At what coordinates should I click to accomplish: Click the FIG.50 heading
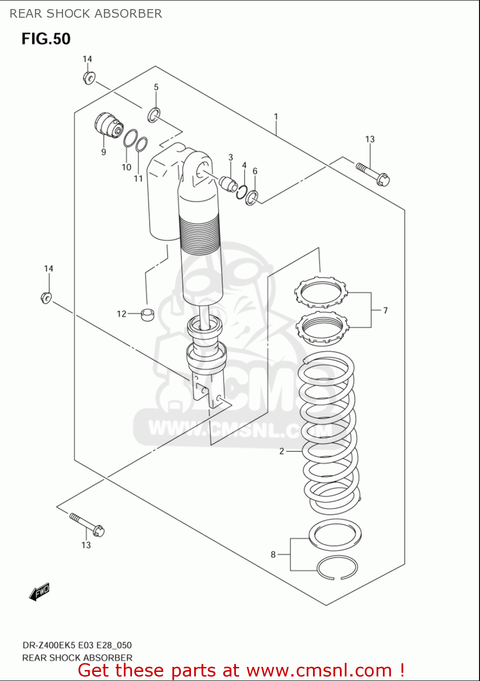pos(46,39)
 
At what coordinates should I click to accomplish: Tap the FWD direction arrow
pos(39,592)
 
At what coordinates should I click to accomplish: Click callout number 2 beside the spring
pos(282,451)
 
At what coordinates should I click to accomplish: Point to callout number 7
pos(385,311)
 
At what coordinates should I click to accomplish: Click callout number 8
pos(273,554)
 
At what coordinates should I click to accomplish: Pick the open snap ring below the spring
pos(337,568)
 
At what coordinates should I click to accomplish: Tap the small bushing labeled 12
pos(147,314)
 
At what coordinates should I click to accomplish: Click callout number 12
pos(121,314)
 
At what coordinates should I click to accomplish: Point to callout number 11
pos(138,178)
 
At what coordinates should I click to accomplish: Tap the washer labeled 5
pos(154,115)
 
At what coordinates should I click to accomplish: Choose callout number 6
pos(255,171)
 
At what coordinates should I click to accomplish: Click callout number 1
pos(276,117)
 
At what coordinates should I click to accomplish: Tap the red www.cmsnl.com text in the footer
pos(319,670)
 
